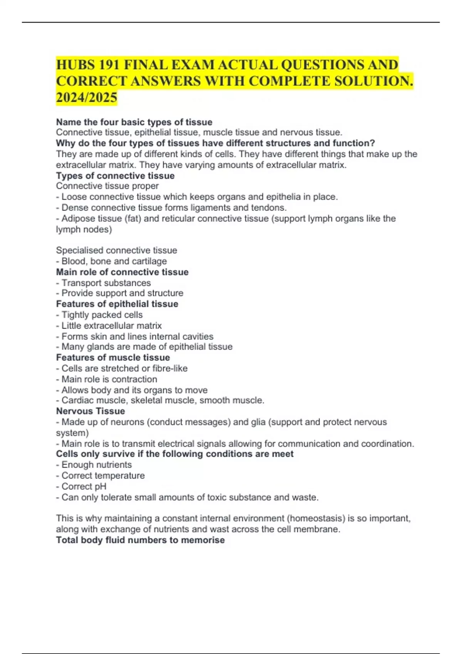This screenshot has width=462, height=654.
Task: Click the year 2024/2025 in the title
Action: [x=87, y=98]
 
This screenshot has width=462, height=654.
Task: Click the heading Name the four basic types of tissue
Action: [x=134, y=122]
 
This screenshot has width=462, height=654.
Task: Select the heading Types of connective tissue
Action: [x=115, y=175]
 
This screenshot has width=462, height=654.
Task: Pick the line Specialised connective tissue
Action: [x=116, y=250]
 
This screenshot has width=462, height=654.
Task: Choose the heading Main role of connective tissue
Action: [x=122, y=272]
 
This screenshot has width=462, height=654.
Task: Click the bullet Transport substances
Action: [x=106, y=283]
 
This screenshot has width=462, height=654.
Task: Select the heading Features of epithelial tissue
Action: [x=117, y=304]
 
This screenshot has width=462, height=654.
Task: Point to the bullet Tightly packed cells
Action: [x=102, y=315]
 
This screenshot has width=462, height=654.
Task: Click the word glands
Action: [x=101, y=347]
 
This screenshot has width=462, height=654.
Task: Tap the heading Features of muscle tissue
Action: [x=113, y=357]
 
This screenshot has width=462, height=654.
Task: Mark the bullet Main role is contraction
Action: [x=109, y=379]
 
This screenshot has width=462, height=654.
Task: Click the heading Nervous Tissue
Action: [x=90, y=411]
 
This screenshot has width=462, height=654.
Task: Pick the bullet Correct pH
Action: [x=84, y=486]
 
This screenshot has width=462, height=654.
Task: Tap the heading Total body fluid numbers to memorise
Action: [x=140, y=540]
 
